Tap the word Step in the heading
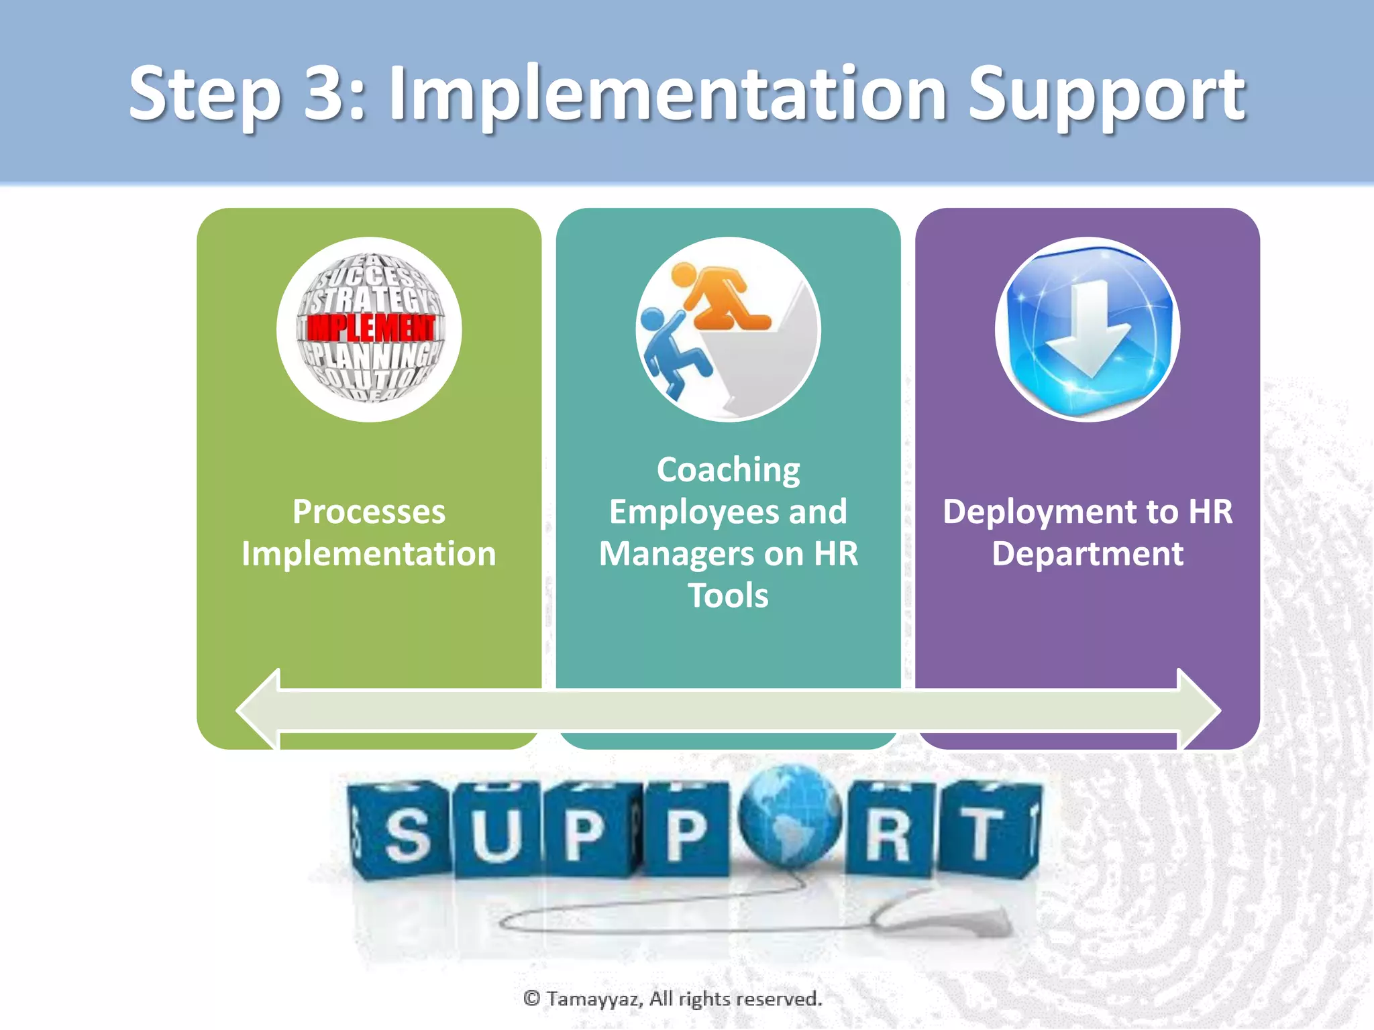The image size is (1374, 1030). (205, 95)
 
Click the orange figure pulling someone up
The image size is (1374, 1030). (721, 297)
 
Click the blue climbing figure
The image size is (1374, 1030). (671, 352)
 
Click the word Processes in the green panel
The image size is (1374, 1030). (369, 512)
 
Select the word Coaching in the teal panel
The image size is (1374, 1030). (728, 469)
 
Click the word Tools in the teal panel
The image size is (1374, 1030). (728, 595)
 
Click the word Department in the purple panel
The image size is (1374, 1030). (1088, 554)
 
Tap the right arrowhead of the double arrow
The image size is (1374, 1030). (1198, 709)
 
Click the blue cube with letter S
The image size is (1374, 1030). (403, 832)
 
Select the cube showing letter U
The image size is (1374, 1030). (496, 832)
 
